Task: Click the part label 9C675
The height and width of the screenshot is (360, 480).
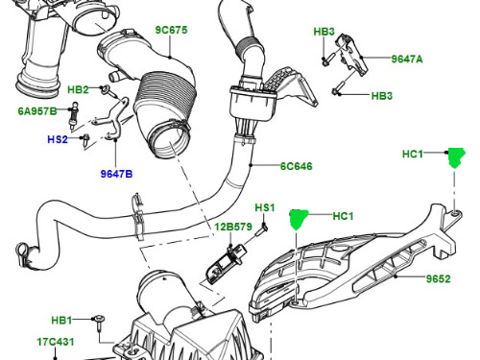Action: click(171, 30)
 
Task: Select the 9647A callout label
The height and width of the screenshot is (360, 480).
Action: click(407, 60)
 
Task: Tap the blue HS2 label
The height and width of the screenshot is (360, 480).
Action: click(58, 139)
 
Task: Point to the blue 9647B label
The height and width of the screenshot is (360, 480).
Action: click(116, 174)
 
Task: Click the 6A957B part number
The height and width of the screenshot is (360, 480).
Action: click(37, 111)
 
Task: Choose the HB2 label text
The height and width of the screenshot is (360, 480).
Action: click(78, 89)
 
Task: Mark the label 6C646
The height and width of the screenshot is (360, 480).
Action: click(297, 166)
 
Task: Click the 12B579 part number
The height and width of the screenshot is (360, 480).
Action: click(233, 227)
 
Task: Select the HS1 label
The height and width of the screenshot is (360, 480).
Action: click(265, 207)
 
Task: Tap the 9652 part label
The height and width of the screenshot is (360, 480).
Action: click(438, 278)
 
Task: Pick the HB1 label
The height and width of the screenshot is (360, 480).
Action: click(61, 320)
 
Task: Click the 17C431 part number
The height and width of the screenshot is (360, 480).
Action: click(56, 342)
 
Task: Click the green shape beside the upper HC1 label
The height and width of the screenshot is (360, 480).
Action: click(456, 157)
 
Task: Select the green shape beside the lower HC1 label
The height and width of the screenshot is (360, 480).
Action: click(299, 220)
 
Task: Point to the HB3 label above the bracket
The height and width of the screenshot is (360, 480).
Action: click(324, 32)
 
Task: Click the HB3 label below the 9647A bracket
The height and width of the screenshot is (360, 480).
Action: click(381, 96)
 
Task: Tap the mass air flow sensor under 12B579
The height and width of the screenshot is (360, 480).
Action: click(225, 265)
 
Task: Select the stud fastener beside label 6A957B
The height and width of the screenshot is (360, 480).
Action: click(73, 116)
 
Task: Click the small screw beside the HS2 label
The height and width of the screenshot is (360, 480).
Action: click(85, 140)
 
